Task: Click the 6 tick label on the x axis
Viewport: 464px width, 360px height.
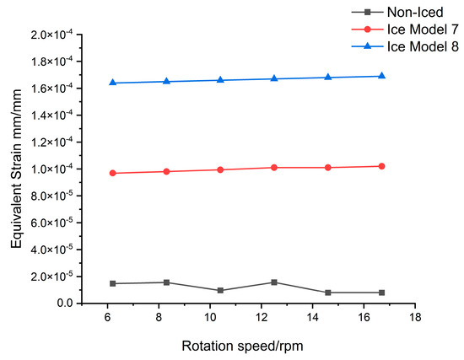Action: click(107, 318)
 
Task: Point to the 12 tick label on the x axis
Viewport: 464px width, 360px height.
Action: click(262, 318)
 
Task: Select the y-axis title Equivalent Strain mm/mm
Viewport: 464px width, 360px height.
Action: click(18, 169)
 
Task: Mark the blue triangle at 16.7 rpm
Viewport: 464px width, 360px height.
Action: click(382, 76)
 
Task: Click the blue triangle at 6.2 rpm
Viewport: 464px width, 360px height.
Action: click(112, 83)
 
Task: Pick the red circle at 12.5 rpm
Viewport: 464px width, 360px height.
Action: click(274, 168)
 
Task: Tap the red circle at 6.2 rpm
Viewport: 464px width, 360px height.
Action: click(112, 173)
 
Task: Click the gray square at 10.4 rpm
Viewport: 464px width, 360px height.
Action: click(220, 290)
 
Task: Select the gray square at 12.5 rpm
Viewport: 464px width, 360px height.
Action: click(274, 282)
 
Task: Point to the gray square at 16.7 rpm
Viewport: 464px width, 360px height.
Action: click(382, 293)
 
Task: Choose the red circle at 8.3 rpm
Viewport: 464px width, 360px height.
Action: click(166, 171)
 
